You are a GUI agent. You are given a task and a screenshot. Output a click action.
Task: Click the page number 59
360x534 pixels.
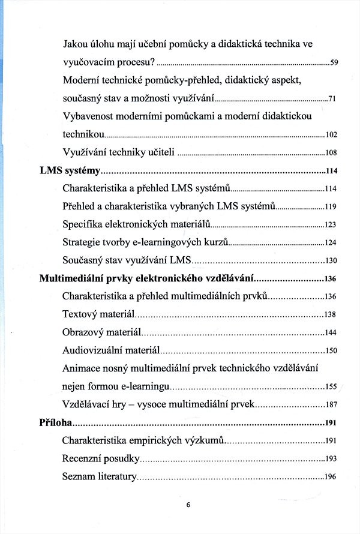point(335,63)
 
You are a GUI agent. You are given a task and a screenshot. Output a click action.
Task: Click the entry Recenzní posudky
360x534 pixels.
point(101,459)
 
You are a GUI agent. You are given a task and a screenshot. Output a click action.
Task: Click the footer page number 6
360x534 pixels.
point(188,505)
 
